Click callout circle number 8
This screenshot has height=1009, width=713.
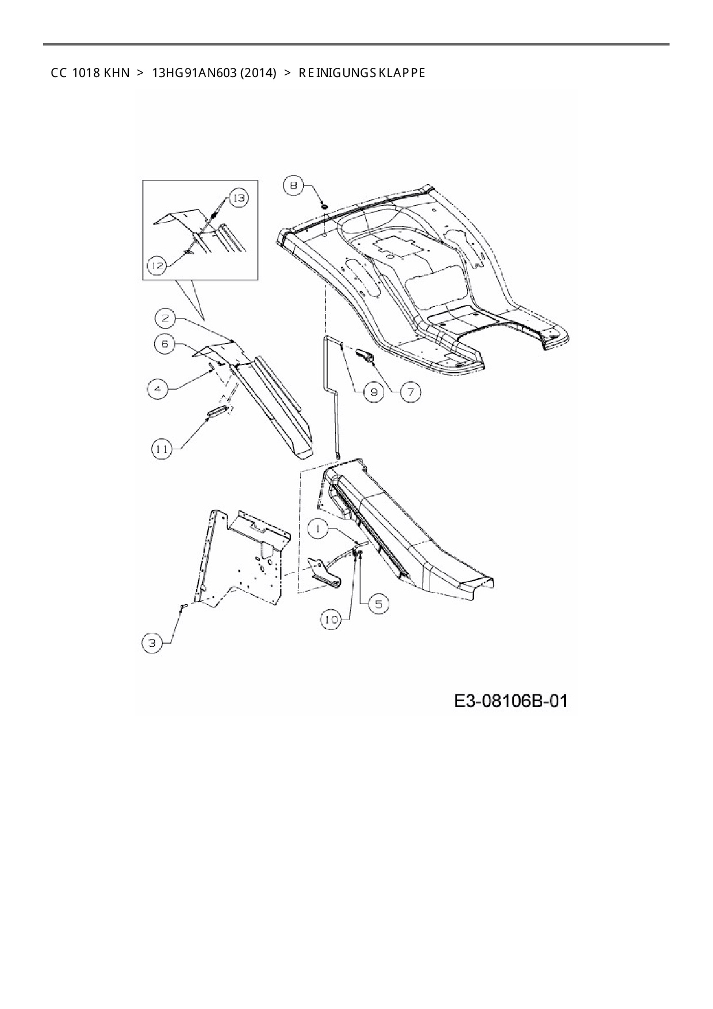click(294, 186)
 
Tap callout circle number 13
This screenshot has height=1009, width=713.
click(238, 198)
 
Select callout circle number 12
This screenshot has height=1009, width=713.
click(157, 265)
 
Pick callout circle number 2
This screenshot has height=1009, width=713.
click(165, 318)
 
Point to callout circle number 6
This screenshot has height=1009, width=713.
click(165, 344)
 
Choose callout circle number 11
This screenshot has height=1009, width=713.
click(163, 448)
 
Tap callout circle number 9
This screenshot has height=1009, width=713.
click(373, 392)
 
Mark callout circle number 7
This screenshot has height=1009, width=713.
click(411, 392)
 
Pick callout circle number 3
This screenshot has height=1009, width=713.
click(152, 643)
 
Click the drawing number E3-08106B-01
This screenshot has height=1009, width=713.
click(511, 701)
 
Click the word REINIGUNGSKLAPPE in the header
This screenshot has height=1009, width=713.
click(362, 73)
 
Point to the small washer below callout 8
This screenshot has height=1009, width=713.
click(324, 205)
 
